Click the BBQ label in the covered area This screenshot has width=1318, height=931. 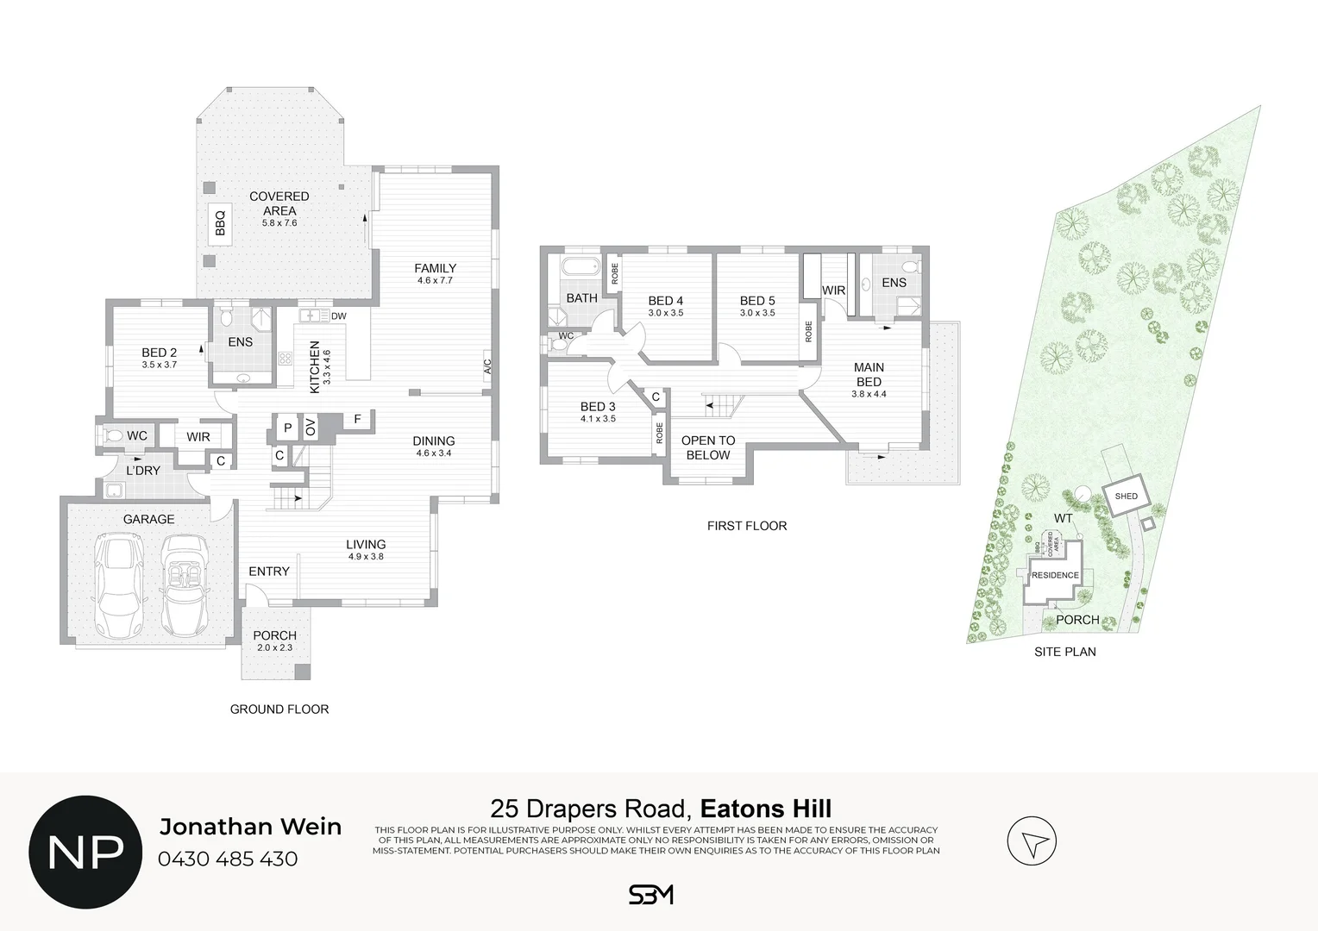(219, 223)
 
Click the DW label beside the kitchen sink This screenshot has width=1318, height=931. (339, 316)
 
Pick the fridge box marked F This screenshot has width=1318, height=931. (356, 420)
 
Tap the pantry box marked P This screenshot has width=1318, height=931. (288, 428)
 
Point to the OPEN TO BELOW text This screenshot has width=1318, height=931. (708, 447)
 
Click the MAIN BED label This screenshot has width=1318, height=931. (869, 374)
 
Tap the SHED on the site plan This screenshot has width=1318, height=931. (1127, 497)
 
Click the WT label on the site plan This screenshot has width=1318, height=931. (1064, 519)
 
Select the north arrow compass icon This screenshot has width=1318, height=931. (1032, 841)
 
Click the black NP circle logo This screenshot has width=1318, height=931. (85, 852)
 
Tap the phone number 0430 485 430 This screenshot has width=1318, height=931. (229, 859)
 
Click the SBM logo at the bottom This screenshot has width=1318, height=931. (651, 895)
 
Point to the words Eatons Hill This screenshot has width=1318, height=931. (766, 809)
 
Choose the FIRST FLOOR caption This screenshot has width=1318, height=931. (747, 526)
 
